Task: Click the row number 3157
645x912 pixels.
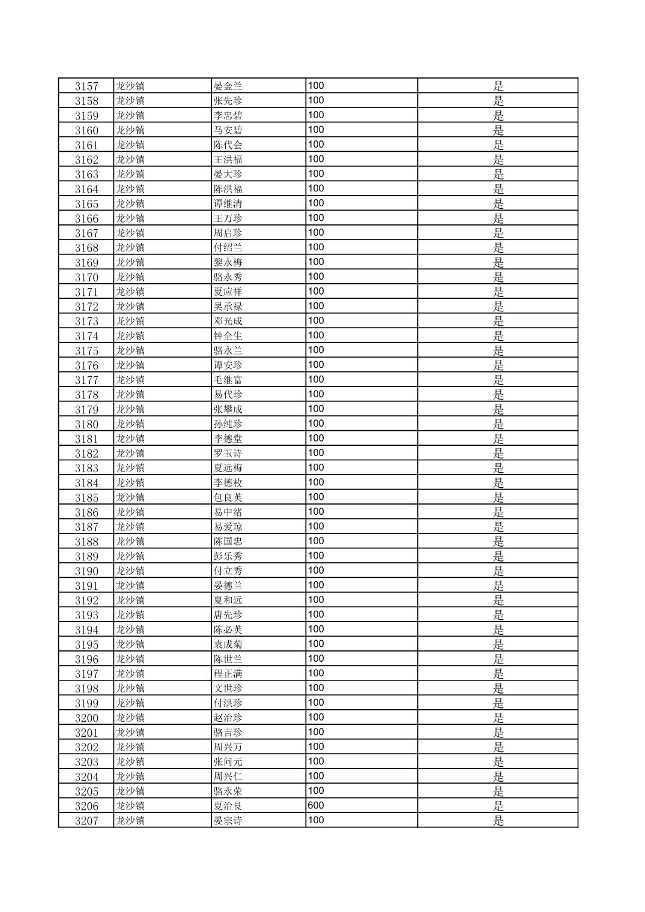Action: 86,86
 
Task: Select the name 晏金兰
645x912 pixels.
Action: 228,86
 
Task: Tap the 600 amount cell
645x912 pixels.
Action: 316,805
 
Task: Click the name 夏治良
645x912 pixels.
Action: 228,806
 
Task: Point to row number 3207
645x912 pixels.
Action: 86,821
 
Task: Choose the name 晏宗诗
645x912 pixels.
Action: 228,821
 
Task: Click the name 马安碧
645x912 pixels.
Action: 228,130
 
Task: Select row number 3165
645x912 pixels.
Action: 86,204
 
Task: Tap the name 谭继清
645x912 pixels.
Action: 228,204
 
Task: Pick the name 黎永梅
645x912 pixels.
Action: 228,263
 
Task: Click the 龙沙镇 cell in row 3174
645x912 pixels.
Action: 130,336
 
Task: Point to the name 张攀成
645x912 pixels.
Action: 228,410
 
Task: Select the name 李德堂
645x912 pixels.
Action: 228,439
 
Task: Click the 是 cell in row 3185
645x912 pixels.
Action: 498,498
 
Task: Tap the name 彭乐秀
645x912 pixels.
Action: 228,557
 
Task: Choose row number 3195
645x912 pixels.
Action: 86,645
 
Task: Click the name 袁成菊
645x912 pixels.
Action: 228,645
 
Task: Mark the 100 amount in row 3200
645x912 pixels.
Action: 316,717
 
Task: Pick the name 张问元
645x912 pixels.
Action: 228,762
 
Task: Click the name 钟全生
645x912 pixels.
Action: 228,336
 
